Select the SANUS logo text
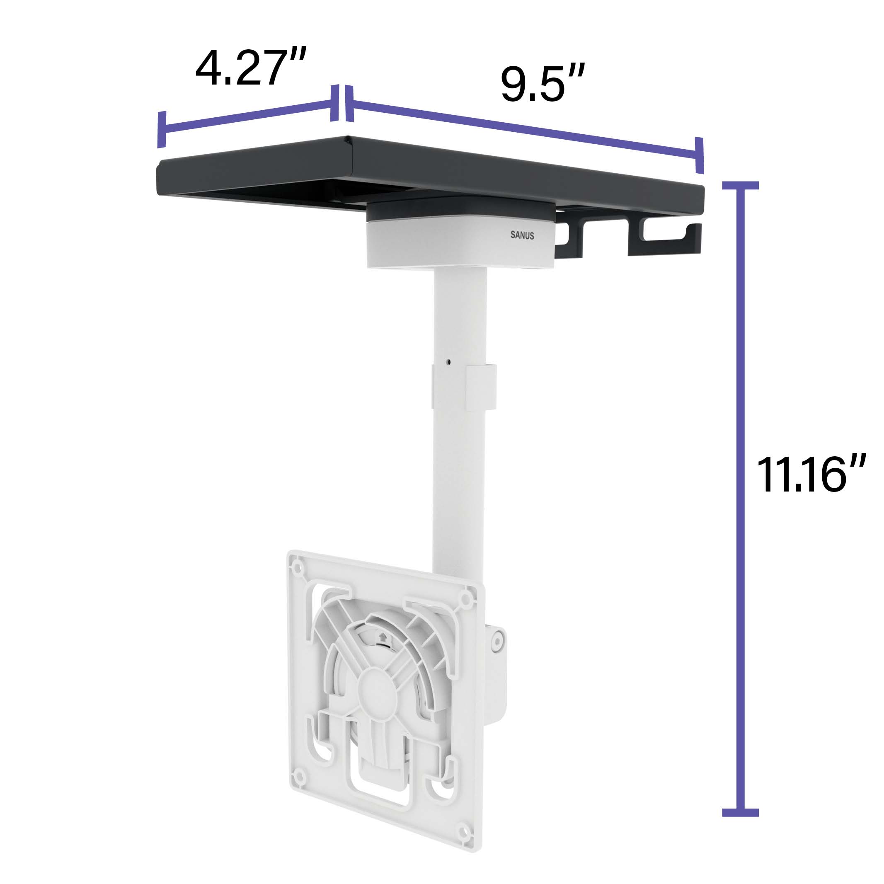point(522,235)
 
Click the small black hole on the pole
point(448,362)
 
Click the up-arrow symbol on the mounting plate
point(383,637)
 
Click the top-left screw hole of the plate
point(298,568)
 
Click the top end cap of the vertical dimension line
point(740,185)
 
